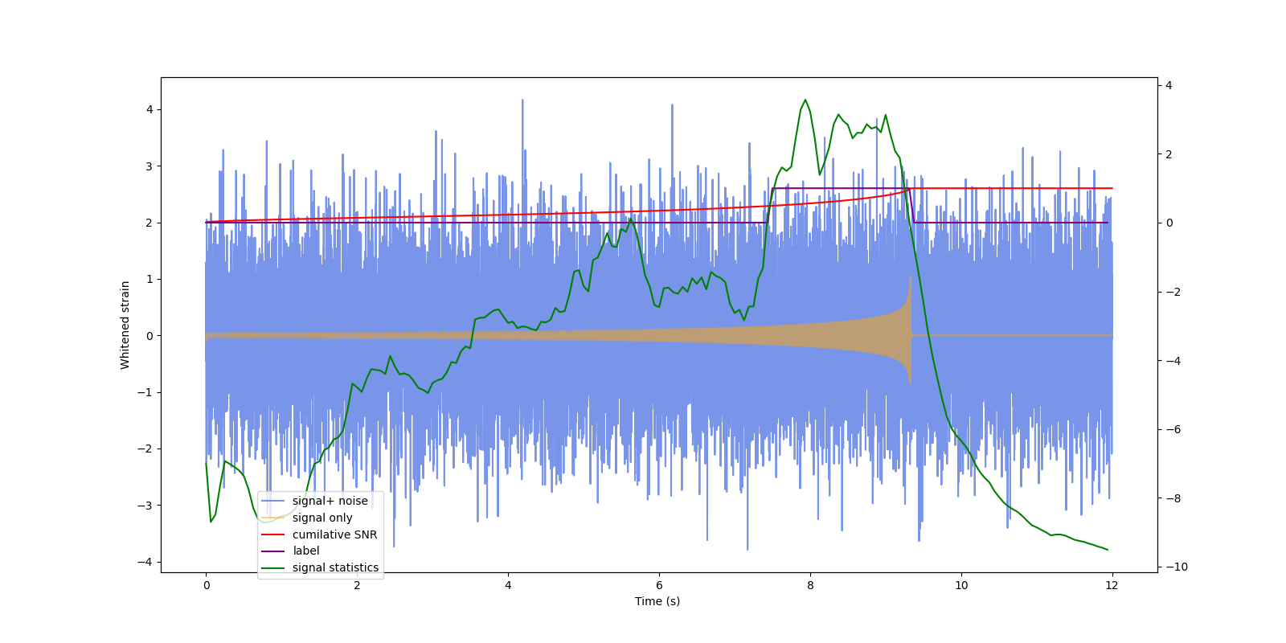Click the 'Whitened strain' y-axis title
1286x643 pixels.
[125, 325]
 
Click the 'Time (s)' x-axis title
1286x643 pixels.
[657, 601]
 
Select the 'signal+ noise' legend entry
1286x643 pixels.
[330, 501]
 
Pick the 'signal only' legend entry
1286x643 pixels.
[321, 518]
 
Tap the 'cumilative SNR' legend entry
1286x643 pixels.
[334, 534]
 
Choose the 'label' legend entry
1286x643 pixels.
[305, 551]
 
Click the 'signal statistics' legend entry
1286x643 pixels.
[334, 567]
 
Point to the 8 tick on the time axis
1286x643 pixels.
[810, 585]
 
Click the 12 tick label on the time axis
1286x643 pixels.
[1112, 585]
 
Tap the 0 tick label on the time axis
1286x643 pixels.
[206, 585]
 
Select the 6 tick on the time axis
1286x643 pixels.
[659, 585]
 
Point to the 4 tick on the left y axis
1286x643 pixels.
[149, 109]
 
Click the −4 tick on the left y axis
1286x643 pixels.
[145, 562]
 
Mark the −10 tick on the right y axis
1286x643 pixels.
[1174, 567]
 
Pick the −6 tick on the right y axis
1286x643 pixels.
[1172, 429]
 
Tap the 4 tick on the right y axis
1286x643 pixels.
[1169, 85]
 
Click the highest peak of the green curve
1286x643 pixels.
[805, 100]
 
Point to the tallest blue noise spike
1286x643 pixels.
[522, 100]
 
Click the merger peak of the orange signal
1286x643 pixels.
[910, 276]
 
